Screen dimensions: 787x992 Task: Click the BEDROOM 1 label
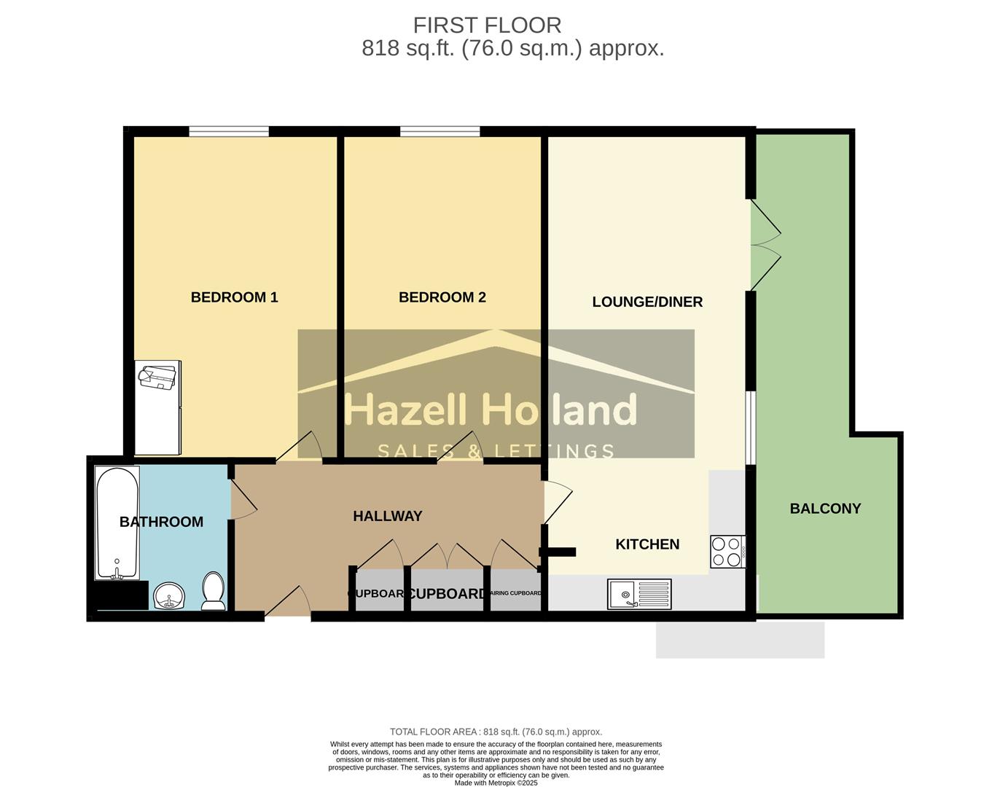pos(234,297)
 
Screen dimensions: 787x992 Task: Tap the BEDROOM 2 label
pos(442,297)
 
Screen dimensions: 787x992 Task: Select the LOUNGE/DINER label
pos(647,302)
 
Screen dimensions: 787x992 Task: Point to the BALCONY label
pos(825,509)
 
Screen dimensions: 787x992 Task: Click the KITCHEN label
pos(647,544)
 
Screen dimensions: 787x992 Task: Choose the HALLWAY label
pos(387,516)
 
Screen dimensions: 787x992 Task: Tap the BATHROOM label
pos(161,522)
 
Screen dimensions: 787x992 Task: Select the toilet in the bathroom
pos(213,591)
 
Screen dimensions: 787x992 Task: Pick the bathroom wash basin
pos(170,596)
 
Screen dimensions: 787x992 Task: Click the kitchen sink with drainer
pos(639,595)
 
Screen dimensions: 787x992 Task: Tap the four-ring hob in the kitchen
pos(727,552)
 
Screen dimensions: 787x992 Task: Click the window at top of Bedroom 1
pos(229,132)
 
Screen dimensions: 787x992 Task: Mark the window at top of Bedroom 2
pos(440,132)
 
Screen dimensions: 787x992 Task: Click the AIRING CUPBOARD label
pos(516,593)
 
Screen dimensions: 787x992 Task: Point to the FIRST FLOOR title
pos(487,26)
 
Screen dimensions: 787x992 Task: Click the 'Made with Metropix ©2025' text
pos(496,783)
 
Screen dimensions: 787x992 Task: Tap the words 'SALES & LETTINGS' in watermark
pos(496,452)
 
